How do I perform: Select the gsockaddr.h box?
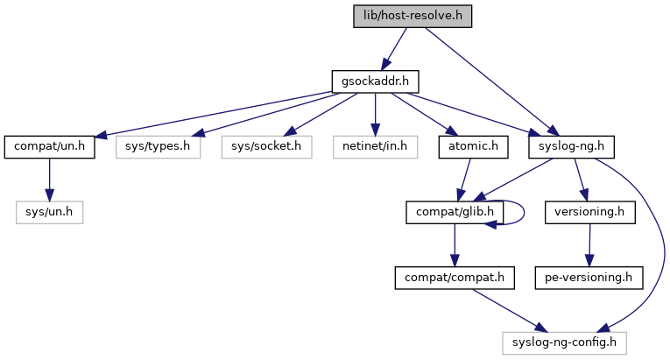point(375,81)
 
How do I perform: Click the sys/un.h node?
point(49,212)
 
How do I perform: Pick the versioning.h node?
point(589,212)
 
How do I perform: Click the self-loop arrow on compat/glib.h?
point(522,211)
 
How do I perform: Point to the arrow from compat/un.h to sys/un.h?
point(49,180)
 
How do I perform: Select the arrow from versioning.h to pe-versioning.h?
point(589,245)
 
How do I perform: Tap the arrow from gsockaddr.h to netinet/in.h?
point(375,114)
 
